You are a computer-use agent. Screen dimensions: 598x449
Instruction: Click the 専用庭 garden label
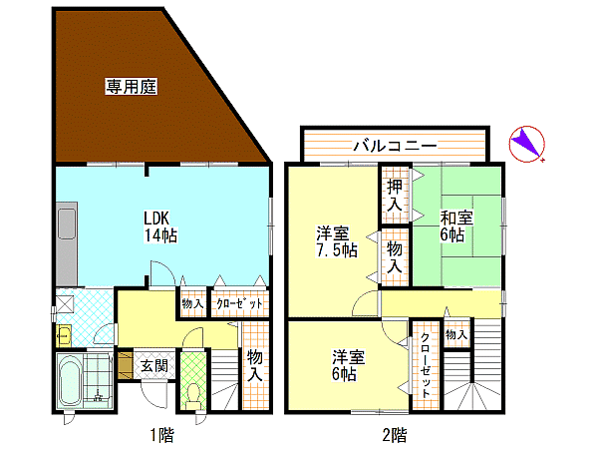point(131,86)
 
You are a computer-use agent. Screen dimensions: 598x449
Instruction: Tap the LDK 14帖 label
point(160,226)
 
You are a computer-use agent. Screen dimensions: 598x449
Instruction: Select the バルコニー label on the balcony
point(395,146)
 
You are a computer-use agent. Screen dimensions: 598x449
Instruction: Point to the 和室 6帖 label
point(456,226)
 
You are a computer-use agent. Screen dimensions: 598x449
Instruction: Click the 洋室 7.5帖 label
point(337,241)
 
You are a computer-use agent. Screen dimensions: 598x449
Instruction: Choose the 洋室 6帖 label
point(348,365)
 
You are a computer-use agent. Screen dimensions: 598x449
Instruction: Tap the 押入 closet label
point(395,196)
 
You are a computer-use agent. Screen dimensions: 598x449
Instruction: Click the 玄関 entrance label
point(154,366)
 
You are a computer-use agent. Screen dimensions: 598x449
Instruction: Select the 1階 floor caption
point(162,435)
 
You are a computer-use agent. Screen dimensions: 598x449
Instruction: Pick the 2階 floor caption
point(395,435)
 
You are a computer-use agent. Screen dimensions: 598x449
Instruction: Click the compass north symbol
point(527,144)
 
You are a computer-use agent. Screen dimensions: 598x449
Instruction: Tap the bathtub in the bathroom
point(70,381)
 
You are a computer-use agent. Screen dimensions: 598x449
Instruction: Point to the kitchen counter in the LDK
point(67,244)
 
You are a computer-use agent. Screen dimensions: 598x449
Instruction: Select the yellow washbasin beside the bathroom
point(64,336)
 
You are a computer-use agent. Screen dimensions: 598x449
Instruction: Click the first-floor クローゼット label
point(239,304)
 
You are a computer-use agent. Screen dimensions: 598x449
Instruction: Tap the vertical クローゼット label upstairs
point(426,366)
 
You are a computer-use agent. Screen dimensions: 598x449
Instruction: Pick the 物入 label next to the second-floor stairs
point(456,335)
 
